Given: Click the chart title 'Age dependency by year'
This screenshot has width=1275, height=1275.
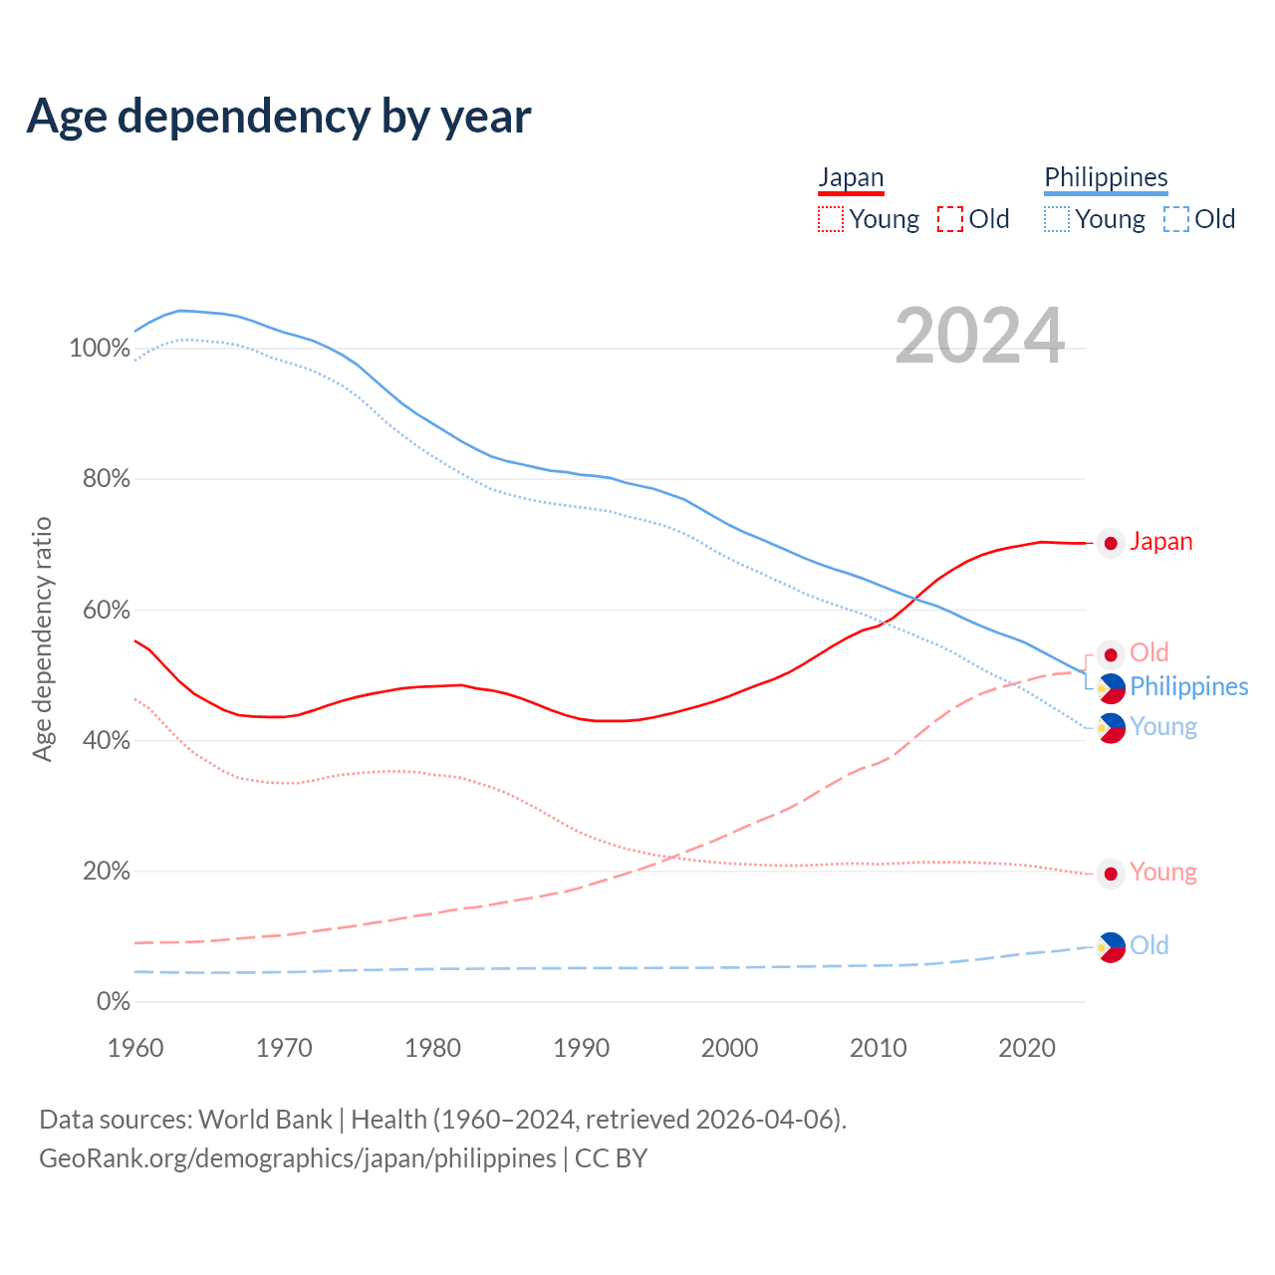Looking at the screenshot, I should coord(279,117).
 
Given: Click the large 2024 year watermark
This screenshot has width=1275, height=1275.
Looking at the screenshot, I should coord(979,337).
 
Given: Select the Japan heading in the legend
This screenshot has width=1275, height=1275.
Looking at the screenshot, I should coord(851,177).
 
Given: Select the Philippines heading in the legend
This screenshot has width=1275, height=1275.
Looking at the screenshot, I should coord(1106,177).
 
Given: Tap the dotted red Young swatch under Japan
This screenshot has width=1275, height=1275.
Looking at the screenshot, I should coord(831,219).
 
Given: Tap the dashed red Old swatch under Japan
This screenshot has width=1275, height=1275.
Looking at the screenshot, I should coord(950,219).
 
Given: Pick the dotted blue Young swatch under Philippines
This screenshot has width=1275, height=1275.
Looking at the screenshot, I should coord(1057,219).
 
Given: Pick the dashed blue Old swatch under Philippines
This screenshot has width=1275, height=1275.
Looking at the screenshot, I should coord(1176,219).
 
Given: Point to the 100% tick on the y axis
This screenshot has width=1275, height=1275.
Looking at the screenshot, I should coord(100,349).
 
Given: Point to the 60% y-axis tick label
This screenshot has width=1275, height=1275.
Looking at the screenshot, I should coord(106,610).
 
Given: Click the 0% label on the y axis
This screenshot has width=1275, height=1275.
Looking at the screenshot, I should coord(113,1002).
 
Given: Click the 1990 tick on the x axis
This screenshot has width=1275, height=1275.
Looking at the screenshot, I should coord(582,1048).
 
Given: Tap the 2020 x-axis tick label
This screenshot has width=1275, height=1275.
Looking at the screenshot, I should coord(1027,1048).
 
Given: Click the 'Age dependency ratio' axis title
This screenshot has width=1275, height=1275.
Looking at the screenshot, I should coord(42,638).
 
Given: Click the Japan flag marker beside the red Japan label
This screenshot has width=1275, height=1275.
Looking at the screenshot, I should coord(1111,543).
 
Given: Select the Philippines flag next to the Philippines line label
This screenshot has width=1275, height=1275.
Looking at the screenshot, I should coord(1111,687).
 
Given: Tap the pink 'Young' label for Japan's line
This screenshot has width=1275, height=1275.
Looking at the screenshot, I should coord(1163,873).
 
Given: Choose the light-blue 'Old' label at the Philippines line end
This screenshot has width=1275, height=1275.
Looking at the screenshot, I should coord(1149,945).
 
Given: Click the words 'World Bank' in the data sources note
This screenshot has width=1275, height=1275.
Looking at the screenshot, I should coord(265,1120).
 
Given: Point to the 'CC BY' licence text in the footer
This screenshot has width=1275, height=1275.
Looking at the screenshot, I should coord(612,1158).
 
